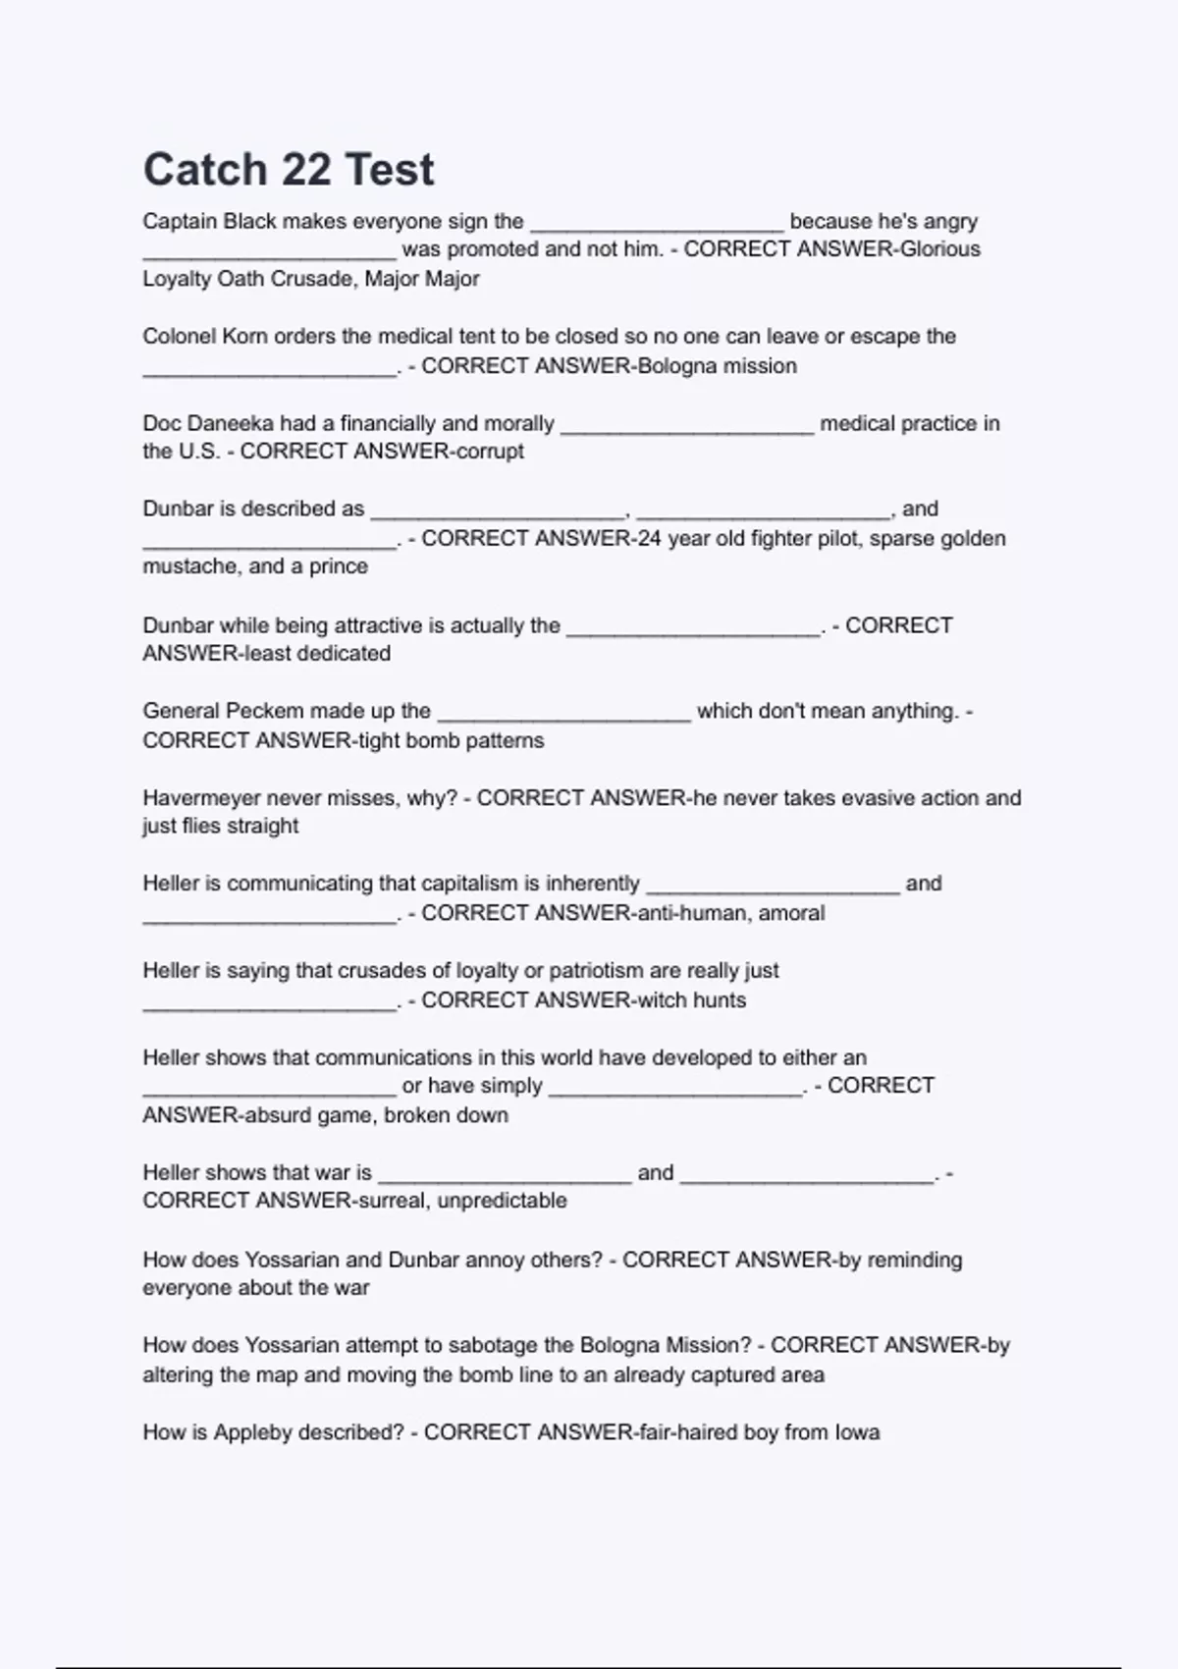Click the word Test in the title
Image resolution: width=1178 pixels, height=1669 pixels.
[x=390, y=170]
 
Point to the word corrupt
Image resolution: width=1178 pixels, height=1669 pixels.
[x=490, y=452]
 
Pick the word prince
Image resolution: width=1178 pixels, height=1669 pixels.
[x=339, y=566]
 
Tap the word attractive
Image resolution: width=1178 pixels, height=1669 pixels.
[x=370, y=625]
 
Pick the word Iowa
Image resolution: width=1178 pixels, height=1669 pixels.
[x=857, y=1432]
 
